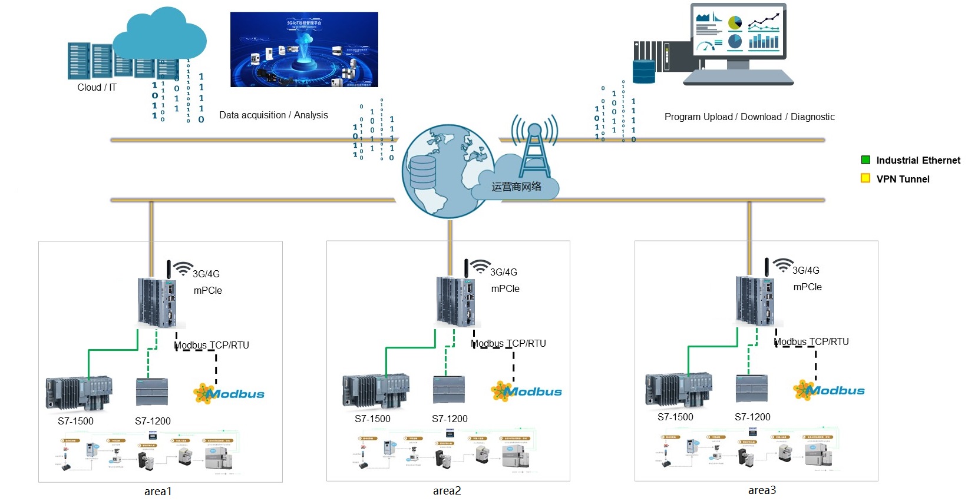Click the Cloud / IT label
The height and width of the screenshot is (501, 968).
point(97,87)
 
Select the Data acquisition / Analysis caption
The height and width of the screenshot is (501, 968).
point(273,115)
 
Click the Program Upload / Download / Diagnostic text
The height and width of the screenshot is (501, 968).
point(749,117)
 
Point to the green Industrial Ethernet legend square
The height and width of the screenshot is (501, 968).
point(865,160)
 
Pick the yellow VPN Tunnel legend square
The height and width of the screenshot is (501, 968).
point(865,178)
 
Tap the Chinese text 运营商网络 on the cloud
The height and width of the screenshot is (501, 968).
point(517,187)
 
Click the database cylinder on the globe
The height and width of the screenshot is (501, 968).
point(422,172)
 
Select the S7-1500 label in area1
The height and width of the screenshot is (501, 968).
point(75,421)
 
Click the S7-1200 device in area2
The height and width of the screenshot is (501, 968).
point(449,390)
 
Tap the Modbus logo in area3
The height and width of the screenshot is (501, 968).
point(829,390)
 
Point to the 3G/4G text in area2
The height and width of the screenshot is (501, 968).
point(504,272)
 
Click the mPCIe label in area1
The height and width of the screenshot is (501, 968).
point(208,290)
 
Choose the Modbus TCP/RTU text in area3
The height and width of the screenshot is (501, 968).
point(811,341)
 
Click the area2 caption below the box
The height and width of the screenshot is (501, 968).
point(447,490)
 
